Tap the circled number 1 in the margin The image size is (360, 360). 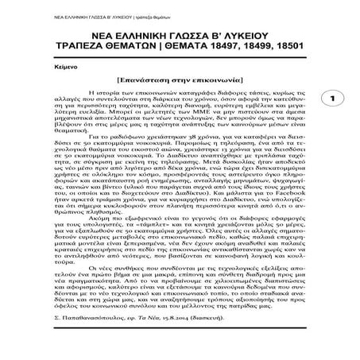pyautogui.click(x=335, y=120)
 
